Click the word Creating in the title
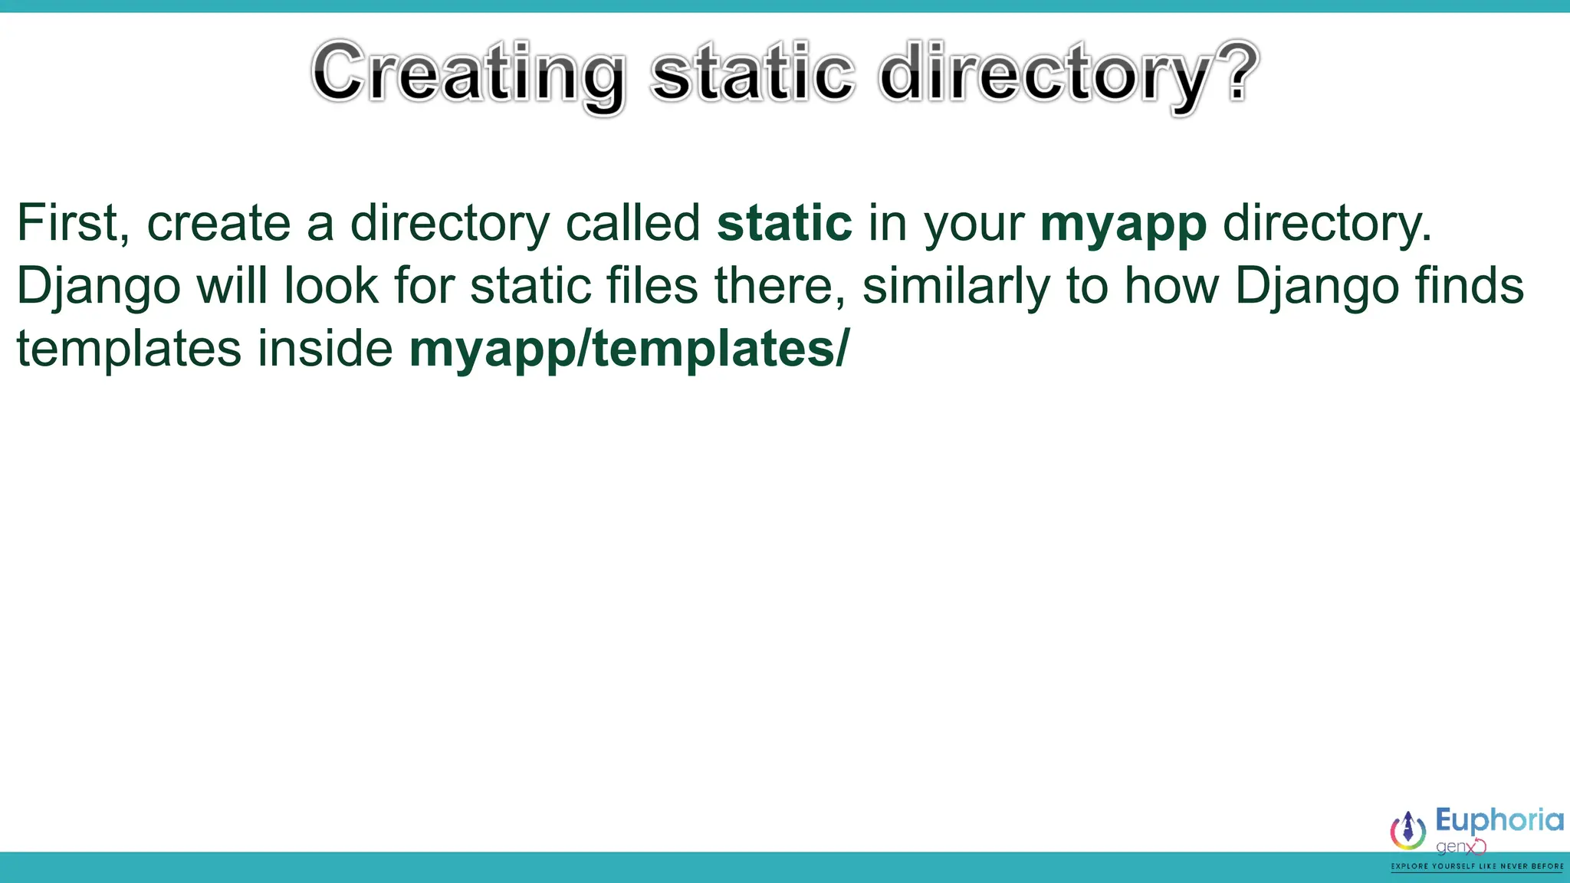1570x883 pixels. tap(468, 74)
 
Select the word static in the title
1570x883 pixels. tap(752, 74)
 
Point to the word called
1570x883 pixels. tap(632, 224)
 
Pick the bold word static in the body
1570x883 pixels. tap(784, 224)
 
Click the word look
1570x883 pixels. tap(331, 286)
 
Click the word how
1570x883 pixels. tap(1171, 286)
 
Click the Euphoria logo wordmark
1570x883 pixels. tap(1499, 820)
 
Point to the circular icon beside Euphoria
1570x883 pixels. tap(1408, 831)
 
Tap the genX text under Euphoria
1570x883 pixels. tap(1459, 847)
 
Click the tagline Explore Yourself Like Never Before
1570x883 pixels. tap(1477, 867)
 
